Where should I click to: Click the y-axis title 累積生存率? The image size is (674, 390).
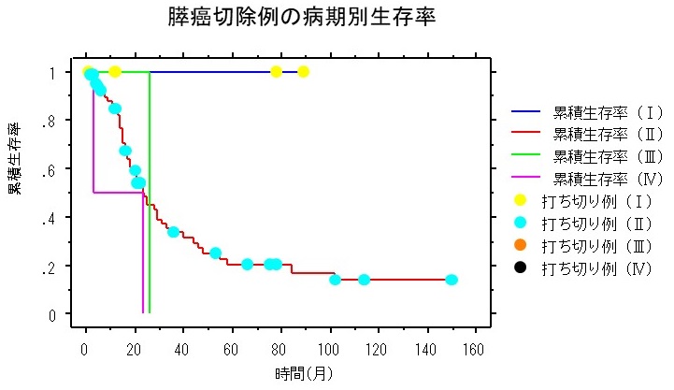tap(16, 156)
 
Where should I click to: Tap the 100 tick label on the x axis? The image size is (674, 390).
tap(329, 348)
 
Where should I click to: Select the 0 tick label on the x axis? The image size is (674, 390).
tap(85, 348)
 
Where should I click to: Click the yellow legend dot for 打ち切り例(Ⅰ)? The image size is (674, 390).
tap(522, 201)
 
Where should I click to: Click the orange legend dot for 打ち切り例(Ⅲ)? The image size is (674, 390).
tap(522, 246)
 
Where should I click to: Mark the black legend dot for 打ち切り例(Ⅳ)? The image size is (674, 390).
tap(522, 268)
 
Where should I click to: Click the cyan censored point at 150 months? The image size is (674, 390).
tap(452, 280)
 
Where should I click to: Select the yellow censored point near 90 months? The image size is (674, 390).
tap(303, 72)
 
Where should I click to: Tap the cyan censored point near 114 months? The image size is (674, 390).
tap(364, 280)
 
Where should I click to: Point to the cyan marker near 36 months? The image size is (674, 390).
tap(173, 231)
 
